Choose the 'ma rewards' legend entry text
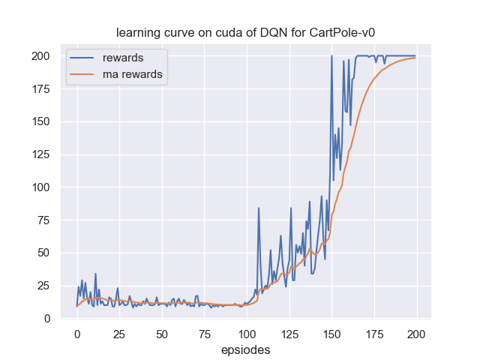click(x=133, y=74)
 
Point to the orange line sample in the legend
click(x=83, y=74)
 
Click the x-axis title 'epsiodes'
click(x=246, y=349)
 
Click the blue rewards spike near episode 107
click(x=259, y=208)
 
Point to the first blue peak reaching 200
click(x=331, y=56)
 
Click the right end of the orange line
click(x=415, y=58)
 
